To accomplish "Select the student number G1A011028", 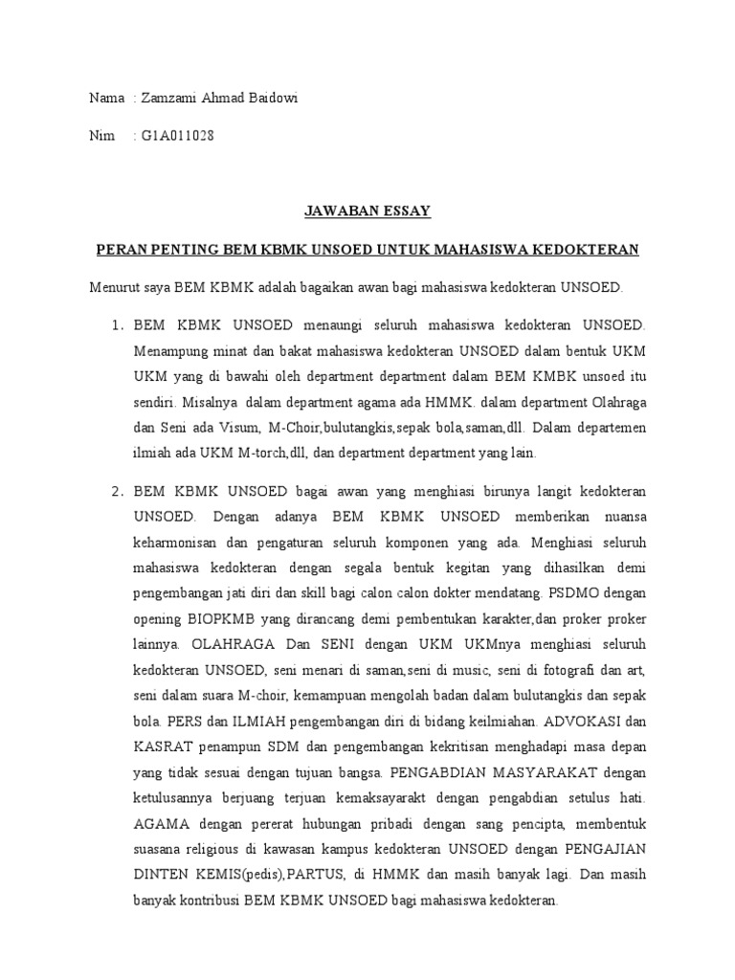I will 177,136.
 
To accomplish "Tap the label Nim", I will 101,136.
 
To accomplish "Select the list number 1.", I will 118,326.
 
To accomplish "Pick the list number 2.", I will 118,491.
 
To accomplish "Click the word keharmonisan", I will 180,541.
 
